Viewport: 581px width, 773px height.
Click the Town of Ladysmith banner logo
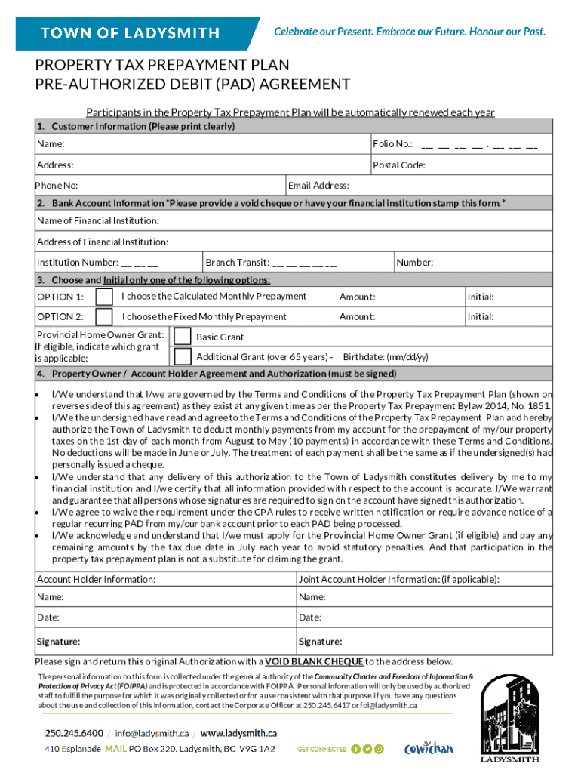(130, 33)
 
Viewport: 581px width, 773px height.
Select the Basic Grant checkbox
(182, 336)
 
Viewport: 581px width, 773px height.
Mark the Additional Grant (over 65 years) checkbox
(182, 356)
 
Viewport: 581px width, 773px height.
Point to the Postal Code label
(399, 165)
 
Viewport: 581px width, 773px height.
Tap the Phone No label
(57, 186)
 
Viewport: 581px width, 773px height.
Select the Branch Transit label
(238, 263)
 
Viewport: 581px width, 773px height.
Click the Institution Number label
(77, 263)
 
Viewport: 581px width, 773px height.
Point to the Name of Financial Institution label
(98, 220)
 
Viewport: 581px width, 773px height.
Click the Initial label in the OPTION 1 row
(481, 297)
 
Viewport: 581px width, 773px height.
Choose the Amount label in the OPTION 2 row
(358, 317)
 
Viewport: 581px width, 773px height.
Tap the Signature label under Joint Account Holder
(321, 642)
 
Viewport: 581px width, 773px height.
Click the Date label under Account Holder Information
(49, 618)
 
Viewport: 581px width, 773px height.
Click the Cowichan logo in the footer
(429, 749)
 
